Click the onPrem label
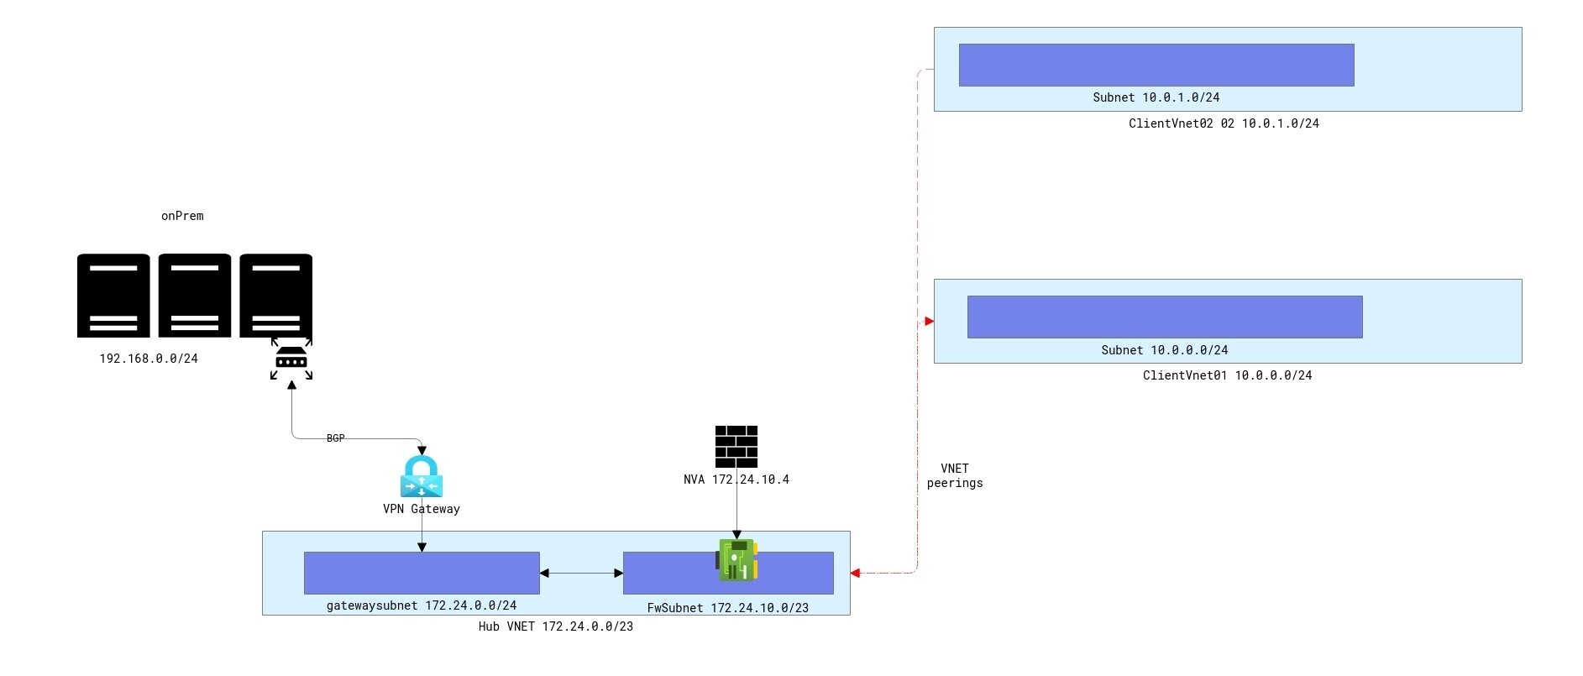pos(182,216)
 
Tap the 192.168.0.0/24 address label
pos(149,359)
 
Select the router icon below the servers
pos(291,360)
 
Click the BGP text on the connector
pos(335,438)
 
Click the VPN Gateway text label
pos(421,509)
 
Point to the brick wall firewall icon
pos(736,446)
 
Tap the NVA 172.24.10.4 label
pos(736,479)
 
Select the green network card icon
pos(737,560)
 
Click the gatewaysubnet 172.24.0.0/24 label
pos(421,605)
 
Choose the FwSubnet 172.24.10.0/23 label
pos(727,608)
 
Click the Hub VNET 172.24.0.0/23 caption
pos(555,626)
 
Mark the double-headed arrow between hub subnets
pos(581,574)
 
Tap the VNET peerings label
pos(955,475)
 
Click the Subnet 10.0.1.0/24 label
pos(1156,97)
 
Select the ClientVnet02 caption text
pos(1223,123)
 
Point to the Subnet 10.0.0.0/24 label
pos(1164,350)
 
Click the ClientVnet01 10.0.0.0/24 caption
pos(1227,375)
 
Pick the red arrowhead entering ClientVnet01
pos(929,322)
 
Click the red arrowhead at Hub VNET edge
pos(856,574)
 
